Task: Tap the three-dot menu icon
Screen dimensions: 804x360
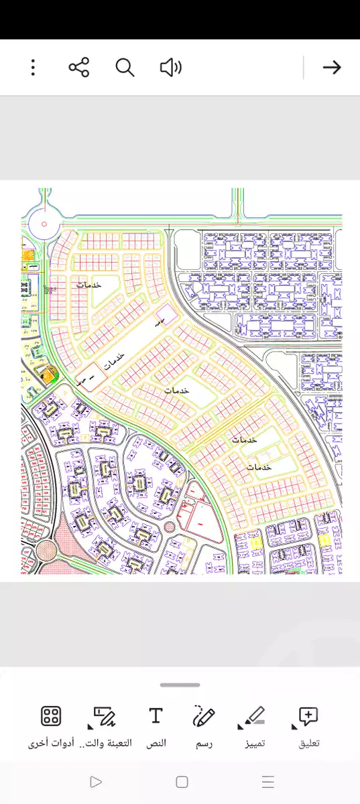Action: [x=33, y=67]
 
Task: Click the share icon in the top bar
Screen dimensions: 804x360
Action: [x=79, y=67]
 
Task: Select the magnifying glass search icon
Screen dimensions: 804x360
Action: [x=125, y=67]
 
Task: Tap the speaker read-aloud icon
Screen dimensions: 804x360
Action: [x=171, y=67]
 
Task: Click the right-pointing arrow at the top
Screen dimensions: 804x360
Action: [x=332, y=67]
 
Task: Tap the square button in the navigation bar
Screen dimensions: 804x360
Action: [x=182, y=782]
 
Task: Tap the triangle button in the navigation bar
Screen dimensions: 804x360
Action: [x=96, y=782]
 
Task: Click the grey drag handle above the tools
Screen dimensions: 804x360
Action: [x=180, y=685]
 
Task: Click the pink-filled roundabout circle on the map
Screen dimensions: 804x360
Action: [x=46, y=551]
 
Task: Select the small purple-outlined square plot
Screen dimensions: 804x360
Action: [x=164, y=313]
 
